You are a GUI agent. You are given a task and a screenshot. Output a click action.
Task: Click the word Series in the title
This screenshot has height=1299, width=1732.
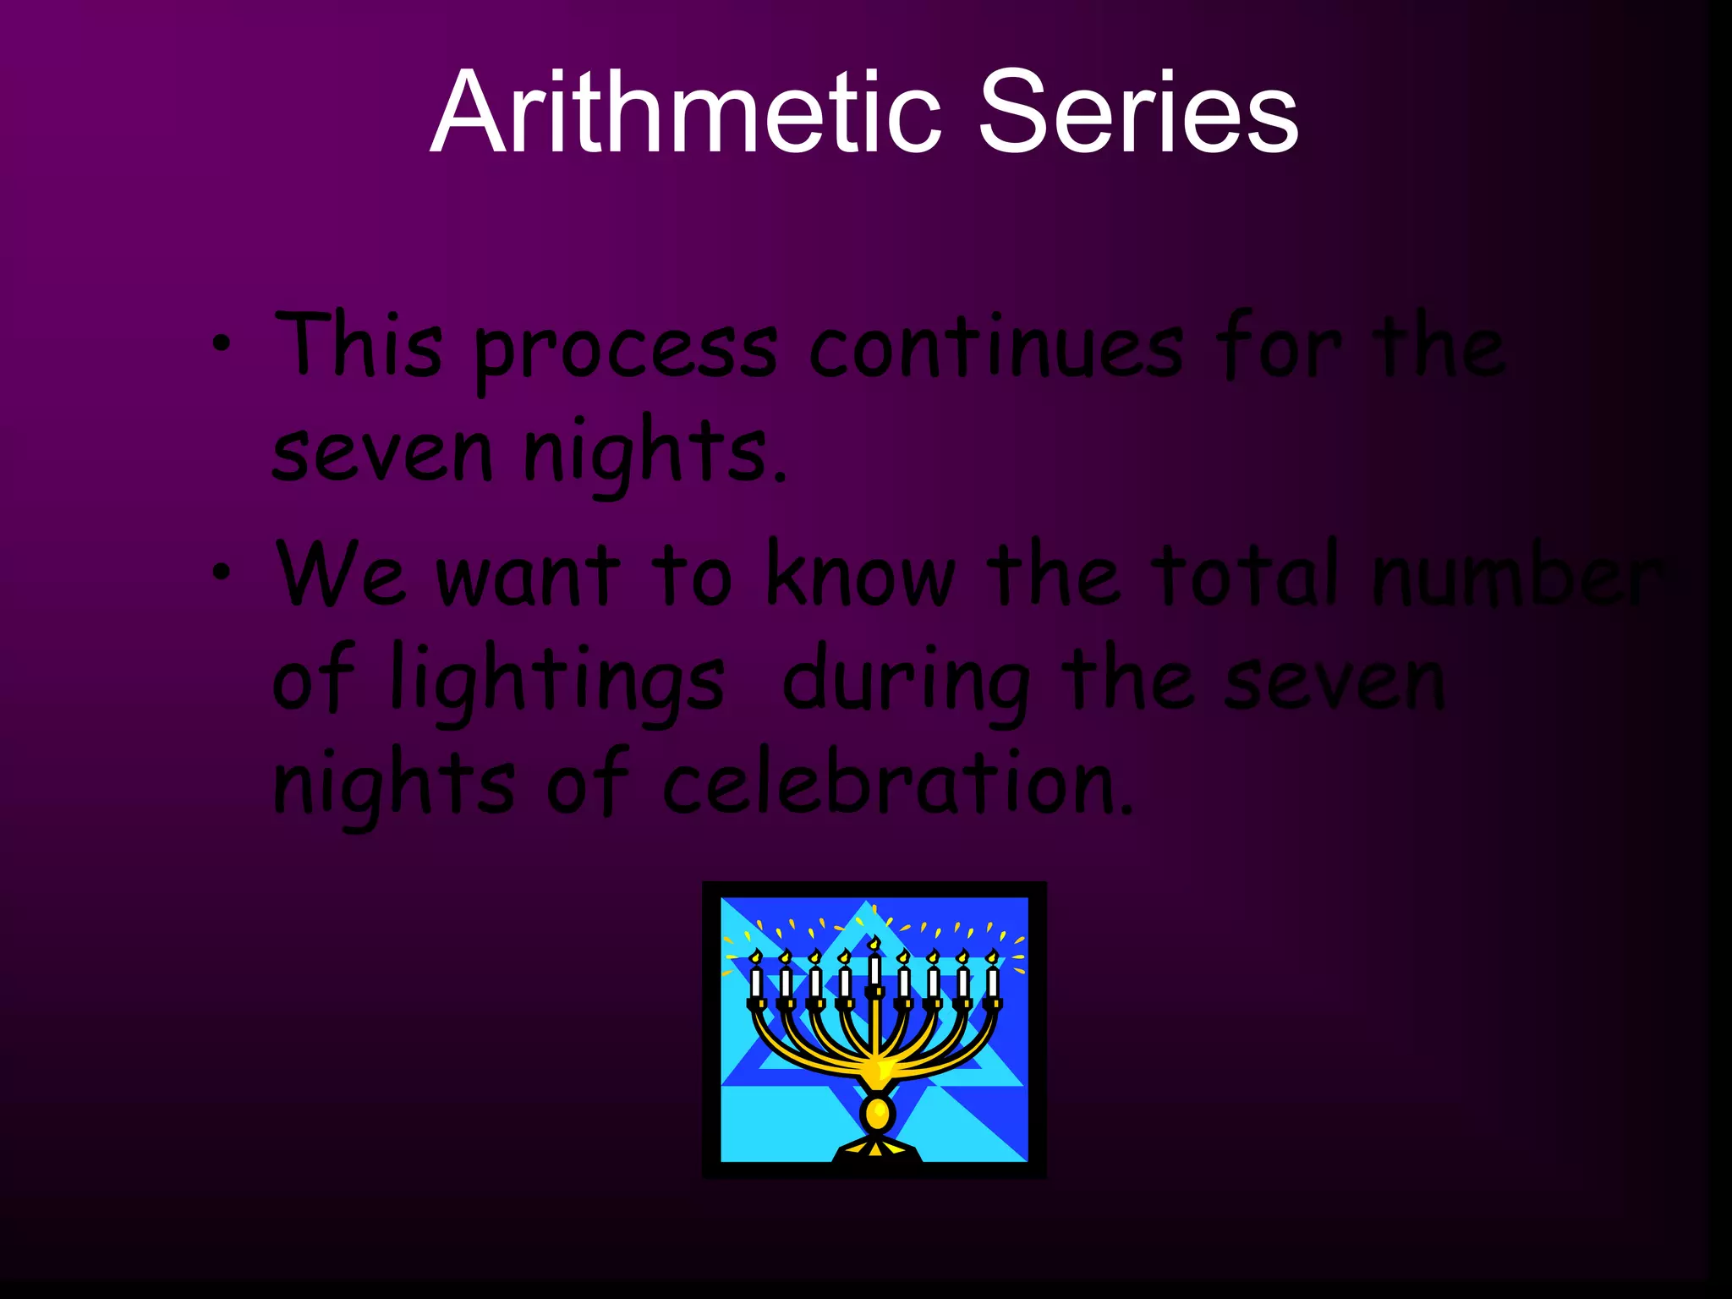(x=1137, y=113)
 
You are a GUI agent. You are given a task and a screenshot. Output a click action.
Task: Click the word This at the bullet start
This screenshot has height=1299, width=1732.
(x=359, y=345)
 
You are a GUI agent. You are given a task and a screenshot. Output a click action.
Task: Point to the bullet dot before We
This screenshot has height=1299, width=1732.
(x=221, y=573)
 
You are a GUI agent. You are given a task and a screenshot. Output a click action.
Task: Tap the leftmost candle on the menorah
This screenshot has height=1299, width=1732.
(x=756, y=979)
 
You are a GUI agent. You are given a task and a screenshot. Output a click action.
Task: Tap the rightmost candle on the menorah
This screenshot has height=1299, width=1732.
(x=993, y=979)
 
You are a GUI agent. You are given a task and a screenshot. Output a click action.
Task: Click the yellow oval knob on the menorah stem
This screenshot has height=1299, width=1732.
(x=877, y=1113)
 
